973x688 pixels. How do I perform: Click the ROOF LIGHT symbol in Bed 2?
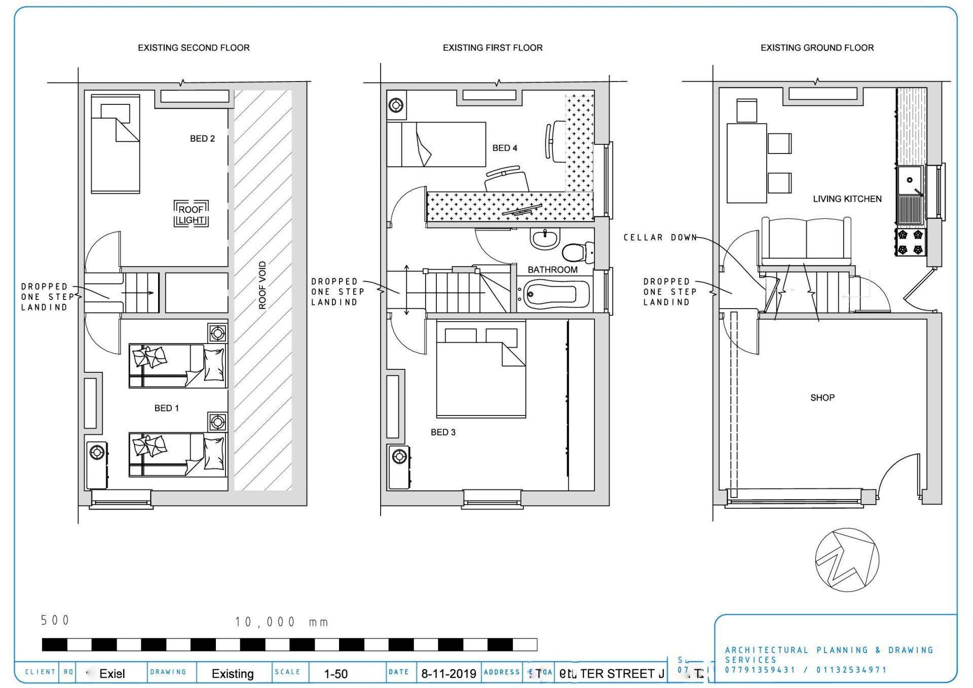coord(191,214)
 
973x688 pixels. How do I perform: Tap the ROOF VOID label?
coord(262,285)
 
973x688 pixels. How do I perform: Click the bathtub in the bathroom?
coord(556,294)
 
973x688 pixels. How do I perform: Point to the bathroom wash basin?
coord(544,238)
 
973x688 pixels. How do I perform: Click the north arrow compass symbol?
coord(847,560)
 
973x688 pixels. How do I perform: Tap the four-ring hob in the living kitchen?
coord(910,242)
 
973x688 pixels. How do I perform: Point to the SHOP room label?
coord(822,398)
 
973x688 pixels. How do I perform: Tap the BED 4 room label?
coord(505,148)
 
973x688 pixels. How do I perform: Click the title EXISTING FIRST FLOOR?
coord(492,48)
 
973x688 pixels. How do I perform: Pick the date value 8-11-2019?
coord(448,674)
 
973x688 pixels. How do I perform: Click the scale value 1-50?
coord(335,674)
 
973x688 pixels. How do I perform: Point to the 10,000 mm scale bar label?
coord(281,622)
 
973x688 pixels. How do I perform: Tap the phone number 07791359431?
coord(760,670)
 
